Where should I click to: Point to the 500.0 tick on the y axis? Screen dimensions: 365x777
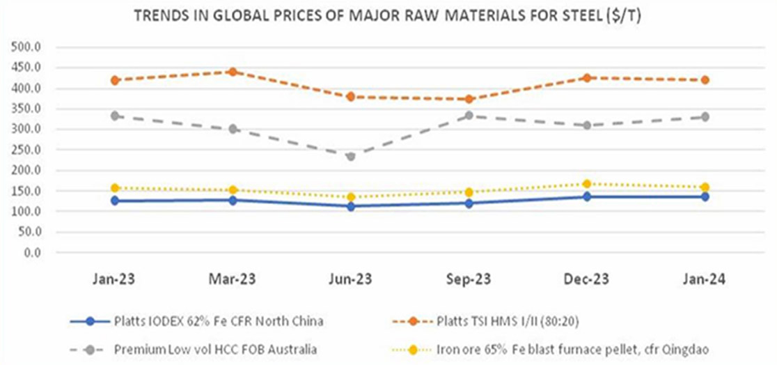[27, 47]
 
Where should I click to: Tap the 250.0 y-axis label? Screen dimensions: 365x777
[27, 150]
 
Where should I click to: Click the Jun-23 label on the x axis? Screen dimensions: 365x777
[350, 279]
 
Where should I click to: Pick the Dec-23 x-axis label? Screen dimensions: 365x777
[586, 279]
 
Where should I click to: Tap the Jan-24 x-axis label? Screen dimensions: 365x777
[704, 279]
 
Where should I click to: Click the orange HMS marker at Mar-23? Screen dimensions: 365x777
[233, 72]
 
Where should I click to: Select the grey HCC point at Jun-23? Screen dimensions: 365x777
[351, 157]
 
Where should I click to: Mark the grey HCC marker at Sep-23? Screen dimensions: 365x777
[469, 116]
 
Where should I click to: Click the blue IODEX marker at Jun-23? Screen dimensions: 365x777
[351, 206]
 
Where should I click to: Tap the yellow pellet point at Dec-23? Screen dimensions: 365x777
[587, 184]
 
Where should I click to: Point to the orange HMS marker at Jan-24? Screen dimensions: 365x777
[705, 80]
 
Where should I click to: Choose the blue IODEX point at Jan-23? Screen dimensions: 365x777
[115, 201]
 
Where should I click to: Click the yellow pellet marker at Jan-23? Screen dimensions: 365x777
[115, 188]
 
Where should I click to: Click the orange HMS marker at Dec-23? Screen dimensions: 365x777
[587, 78]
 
